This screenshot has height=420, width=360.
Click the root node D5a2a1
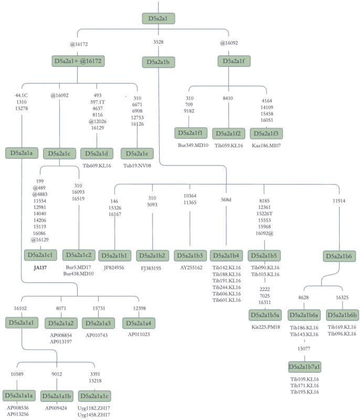click(158, 19)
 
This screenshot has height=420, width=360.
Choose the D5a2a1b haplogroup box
click(158, 62)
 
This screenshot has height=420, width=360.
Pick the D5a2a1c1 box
click(40, 255)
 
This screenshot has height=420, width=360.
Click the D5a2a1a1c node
click(94, 395)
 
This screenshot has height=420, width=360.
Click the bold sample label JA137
click(40, 267)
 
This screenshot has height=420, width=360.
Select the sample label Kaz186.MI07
click(266, 145)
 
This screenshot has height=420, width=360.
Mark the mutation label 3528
click(158, 41)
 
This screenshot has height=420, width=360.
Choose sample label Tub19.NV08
click(137, 165)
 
